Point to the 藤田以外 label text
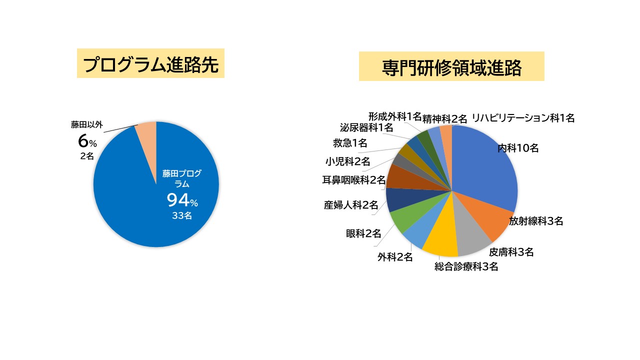(x=86, y=124)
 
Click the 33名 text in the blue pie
(x=181, y=216)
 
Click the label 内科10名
(x=518, y=148)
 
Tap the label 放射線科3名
(x=536, y=221)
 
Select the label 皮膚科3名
(x=511, y=252)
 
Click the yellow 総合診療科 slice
(x=440, y=240)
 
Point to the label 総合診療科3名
(x=466, y=267)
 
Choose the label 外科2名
(x=395, y=257)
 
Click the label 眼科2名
(x=363, y=233)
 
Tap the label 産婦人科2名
(x=351, y=204)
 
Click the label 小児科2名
(x=347, y=161)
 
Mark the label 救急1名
(x=350, y=143)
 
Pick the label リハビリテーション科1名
(x=523, y=118)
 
